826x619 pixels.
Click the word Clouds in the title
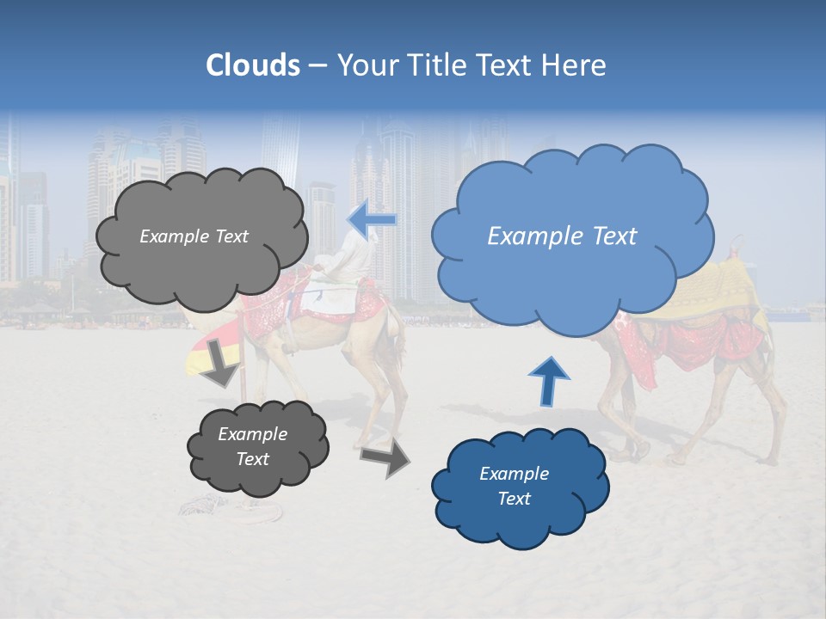253,65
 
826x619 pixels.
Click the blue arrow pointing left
373,219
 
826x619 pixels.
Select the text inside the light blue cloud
562,236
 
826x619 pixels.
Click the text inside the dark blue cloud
514,486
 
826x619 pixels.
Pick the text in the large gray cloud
194,236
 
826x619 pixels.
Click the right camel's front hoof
639,451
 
